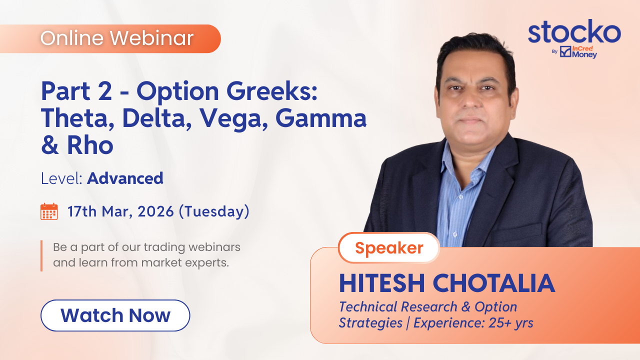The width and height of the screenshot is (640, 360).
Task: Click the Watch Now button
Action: click(x=115, y=315)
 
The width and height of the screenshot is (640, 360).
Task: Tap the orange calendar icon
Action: click(x=49, y=211)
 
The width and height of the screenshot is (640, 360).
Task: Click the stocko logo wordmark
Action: click(x=574, y=32)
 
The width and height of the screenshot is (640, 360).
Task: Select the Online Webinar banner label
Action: click(x=117, y=38)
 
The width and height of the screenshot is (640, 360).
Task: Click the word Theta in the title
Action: click(x=77, y=118)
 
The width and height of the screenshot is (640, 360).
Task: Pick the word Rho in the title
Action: click(x=90, y=145)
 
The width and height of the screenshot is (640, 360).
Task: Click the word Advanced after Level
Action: click(x=125, y=178)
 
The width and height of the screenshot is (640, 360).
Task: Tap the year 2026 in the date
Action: click(x=155, y=211)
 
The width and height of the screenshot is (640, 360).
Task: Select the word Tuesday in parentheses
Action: click(x=214, y=212)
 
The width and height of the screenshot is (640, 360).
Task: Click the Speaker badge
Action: click(x=389, y=247)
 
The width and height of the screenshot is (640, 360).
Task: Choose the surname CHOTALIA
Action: click(x=494, y=283)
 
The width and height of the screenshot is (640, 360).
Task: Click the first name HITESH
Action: click(x=382, y=283)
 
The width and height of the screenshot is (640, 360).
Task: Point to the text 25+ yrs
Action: click(x=511, y=323)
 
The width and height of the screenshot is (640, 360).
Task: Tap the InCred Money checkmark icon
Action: click(x=565, y=51)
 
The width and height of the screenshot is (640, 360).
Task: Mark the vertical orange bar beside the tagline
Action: click(x=41, y=255)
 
